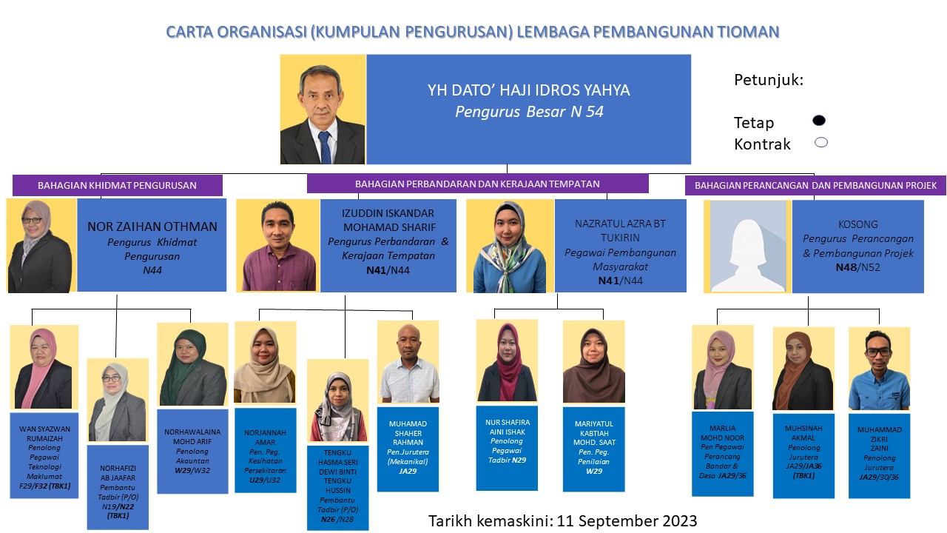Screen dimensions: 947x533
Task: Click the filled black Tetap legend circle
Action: tap(819, 121)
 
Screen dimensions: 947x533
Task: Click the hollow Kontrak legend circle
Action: tap(821, 143)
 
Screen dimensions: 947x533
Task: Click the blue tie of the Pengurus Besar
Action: tap(325, 147)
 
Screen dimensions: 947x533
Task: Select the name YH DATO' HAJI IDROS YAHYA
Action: tap(528, 90)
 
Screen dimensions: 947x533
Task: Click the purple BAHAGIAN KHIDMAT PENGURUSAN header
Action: tap(117, 185)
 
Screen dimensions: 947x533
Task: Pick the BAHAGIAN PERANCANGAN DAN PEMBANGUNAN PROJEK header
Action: tap(815, 185)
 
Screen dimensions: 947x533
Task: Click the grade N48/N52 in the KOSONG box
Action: tap(857, 267)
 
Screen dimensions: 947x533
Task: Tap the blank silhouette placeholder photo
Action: tap(747, 247)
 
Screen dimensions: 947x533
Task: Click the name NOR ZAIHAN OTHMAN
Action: tap(152, 227)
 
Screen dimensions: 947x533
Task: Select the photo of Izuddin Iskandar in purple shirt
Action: tap(277, 246)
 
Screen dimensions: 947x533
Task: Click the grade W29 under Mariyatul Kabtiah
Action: tap(594, 472)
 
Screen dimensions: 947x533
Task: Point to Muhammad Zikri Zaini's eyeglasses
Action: tap(878, 352)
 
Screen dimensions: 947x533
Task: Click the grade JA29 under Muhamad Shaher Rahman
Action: tap(408, 472)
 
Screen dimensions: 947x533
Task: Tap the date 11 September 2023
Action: tap(627, 520)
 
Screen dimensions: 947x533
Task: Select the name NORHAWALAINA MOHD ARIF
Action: tap(192, 437)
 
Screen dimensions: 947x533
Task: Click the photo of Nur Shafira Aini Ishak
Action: tap(507, 361)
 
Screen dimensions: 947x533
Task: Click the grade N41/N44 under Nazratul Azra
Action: tap(620, 281)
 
